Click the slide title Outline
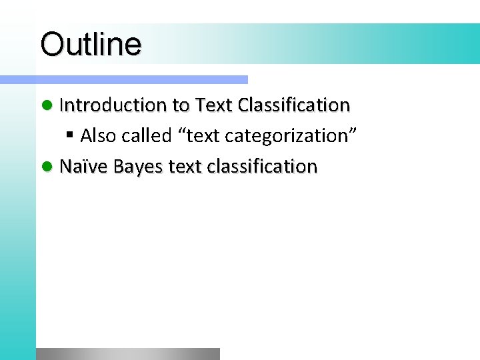[91, 45]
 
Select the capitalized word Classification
[293, 105]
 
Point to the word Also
[98, 136]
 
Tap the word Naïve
[84, 166]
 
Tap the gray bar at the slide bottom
[127, 354]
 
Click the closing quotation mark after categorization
[354, 132]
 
